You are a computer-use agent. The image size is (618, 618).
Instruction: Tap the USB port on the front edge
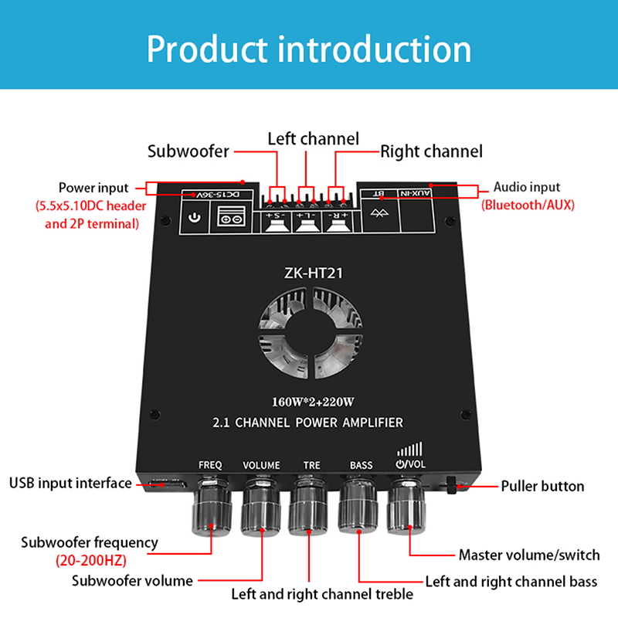click(169, 485)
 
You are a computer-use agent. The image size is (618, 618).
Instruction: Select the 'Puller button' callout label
click(542, 486)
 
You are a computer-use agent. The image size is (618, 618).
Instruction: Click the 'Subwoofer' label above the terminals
click(188, 151)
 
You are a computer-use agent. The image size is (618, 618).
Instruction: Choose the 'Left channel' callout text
click(313, 139)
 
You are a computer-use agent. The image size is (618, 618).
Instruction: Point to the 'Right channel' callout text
click(431, 151)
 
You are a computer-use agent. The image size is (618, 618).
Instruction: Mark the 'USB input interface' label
click(70, 484)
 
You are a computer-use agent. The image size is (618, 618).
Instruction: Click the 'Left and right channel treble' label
click(322, 594)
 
